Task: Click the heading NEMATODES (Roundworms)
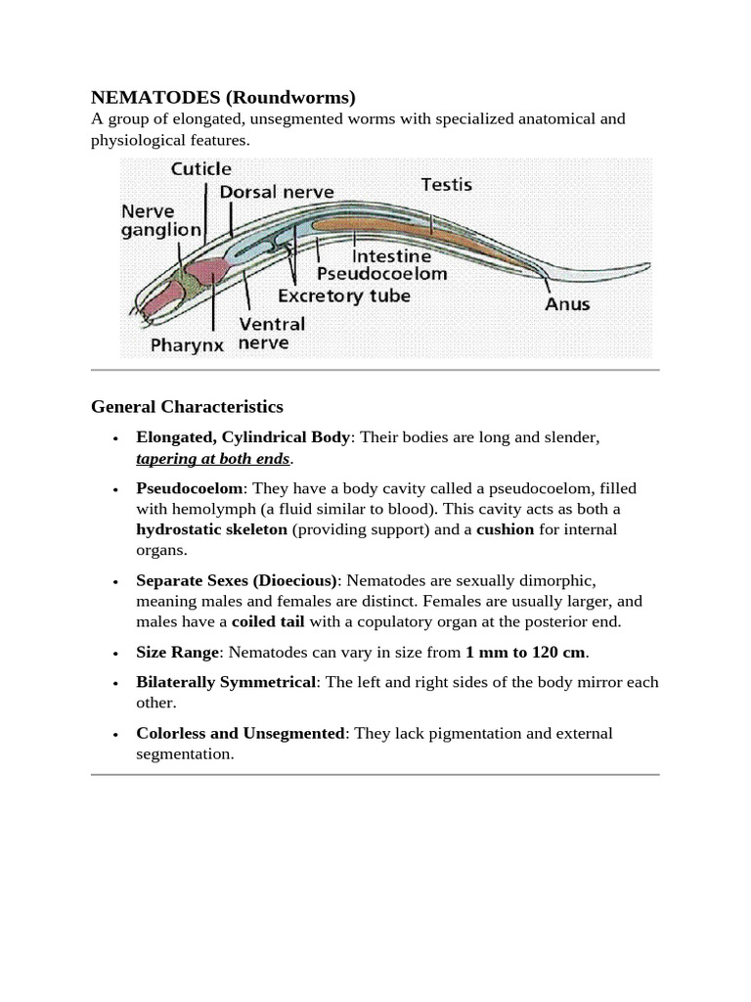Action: tap(223, 97)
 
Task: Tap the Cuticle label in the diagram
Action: tap(200, 169)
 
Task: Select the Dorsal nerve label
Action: tap(277, 193)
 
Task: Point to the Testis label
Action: tap(446, 184)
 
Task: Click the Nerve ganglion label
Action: tap(161, 221)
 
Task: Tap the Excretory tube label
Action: tap(344, 295)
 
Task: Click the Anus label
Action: tap(567, 303)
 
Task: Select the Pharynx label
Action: tap(188, 344)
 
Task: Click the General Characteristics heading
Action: tap(187, 406)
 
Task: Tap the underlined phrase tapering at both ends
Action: tap(213, 459)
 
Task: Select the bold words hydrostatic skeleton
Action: tap(211, 529)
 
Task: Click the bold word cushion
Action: tap(505, 529)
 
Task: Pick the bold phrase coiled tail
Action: tap(268, 621)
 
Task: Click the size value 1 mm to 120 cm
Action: tap(525, 652)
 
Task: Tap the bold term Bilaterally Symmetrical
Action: tap(226, 682)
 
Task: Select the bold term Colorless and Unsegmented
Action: tap(241, 733)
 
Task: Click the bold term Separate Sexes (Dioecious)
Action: tap(237, 580)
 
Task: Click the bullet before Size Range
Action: tap(115, 653)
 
